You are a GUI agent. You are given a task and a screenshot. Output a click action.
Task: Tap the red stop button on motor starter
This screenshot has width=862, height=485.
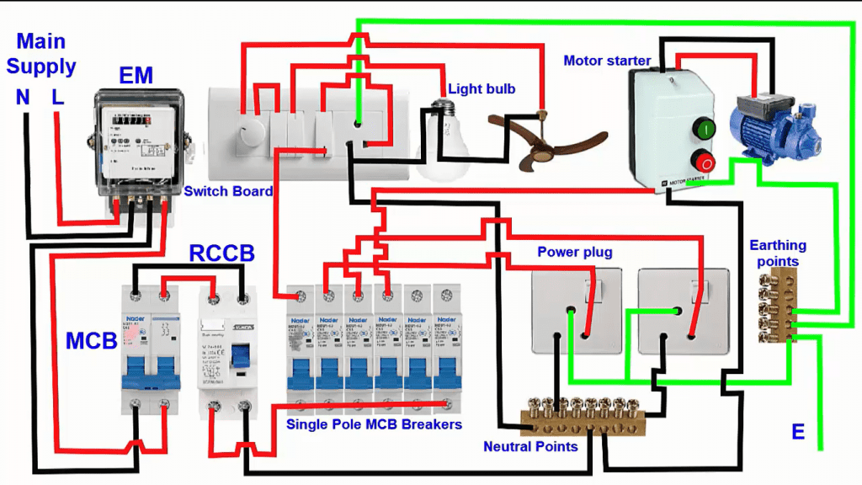point(704,163)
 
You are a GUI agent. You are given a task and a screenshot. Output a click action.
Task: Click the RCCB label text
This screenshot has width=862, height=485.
point(221,254)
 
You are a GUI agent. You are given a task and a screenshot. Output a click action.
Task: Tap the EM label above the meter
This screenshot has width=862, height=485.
point(136,76)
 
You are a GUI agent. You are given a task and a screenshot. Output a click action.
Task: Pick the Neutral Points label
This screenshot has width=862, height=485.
point(530,446)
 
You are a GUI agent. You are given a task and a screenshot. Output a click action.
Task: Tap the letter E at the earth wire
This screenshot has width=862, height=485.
point(797,433)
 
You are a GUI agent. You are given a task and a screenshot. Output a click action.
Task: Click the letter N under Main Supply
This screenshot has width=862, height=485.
point(23,98)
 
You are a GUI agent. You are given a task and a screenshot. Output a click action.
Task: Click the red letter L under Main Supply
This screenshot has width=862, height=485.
point(57,98)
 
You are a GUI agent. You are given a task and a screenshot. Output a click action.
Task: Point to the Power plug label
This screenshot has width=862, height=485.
point(575,252)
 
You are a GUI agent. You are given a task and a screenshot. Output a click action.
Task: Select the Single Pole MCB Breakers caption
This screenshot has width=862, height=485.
point(374,424)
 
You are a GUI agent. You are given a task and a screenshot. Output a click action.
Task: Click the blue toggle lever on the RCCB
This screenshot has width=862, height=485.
point(237,357)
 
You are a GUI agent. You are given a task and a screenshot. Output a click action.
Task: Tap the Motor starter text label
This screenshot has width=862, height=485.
point(607,61)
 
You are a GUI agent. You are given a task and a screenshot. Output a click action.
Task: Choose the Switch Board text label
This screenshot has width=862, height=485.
point(229,191)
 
